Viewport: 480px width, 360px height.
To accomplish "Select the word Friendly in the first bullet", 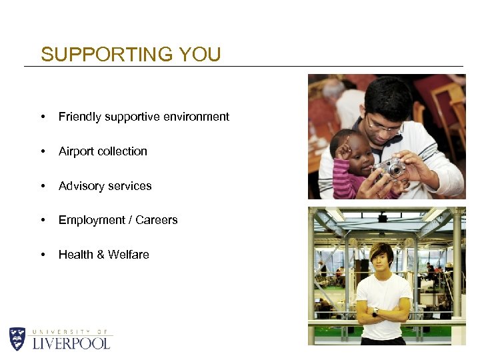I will pyautogui.click(x=78, y=117).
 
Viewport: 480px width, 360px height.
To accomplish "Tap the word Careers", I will pyautogui.click(x=156, y=220).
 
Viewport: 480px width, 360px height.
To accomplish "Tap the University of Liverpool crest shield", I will pyautogui.click(x=17, y=339).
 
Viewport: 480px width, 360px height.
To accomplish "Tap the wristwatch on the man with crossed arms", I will pyautogui.click(x=376, y=311).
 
